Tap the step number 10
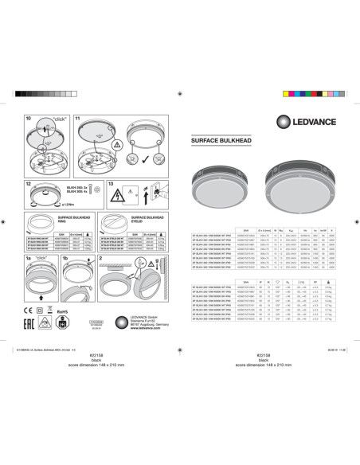point(29,119)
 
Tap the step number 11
point(78,119)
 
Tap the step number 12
point(29,184)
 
